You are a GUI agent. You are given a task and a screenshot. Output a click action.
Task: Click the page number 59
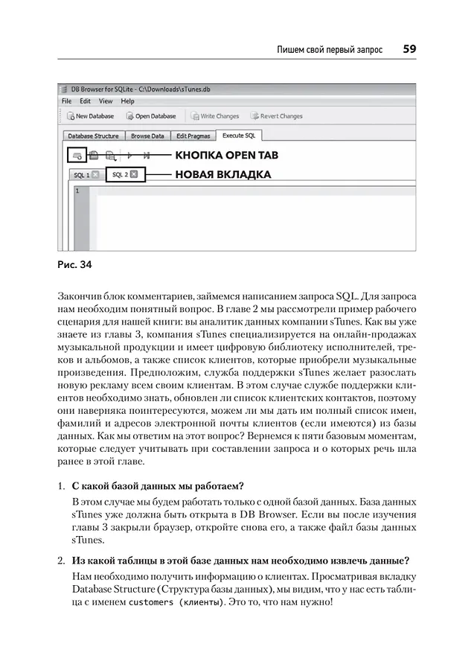[x=409, y=49]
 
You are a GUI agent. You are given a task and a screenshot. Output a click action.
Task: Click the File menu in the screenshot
[x=66, y=100]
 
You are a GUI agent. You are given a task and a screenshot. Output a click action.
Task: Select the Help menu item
[x=128, y=100]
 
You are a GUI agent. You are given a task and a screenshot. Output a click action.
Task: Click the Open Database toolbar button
[x=151, y=116]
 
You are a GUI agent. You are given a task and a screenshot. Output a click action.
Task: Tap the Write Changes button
[x=215, y=116]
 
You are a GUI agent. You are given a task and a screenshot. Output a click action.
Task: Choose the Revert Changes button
[x=277, y=116]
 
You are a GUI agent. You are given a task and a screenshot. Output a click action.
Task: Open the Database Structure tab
[x=93, y=136]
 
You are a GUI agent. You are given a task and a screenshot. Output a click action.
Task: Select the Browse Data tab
[x=147, y=136]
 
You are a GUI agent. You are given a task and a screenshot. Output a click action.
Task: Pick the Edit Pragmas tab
[x=193, y=136]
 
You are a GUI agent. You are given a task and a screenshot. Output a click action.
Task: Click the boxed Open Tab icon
[x=75, y=155]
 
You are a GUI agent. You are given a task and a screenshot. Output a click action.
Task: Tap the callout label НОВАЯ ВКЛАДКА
[x=222, y=175]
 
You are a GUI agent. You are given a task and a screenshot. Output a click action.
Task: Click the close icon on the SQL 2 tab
[x=134, y=175]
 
